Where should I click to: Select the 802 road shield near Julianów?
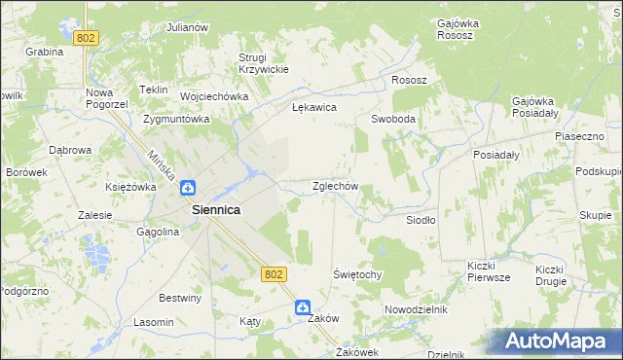coord(87,37)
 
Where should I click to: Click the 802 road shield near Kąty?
coord(273,275)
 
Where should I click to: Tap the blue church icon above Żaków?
coord(304,306)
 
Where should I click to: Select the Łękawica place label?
coord(314,108)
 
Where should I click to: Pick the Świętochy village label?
coord(357,275)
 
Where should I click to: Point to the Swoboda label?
coord(393,119)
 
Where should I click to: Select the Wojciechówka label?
coord(210,97)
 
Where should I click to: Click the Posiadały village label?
coord(496,155)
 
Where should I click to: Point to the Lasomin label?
coord(154,322)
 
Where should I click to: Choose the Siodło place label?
coord(421,220)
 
